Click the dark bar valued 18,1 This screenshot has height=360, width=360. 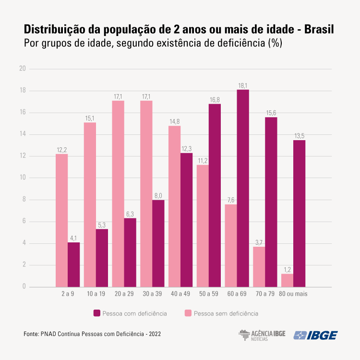(x=243, y=188)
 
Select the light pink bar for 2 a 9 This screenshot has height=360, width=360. (x=61, y=220)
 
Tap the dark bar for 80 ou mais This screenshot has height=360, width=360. (x=299, y=214)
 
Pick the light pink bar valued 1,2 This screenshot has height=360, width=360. (x=287, y=280)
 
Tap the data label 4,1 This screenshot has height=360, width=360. (x=73, y=238)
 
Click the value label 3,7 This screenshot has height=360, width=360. (x=259, y=242)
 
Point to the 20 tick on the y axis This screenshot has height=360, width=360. (x=22, y=69)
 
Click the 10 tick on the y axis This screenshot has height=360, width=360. (x=22, y=178)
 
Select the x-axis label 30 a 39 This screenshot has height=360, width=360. (x=152, y=293)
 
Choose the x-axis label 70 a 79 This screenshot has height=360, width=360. (x=265, y=293)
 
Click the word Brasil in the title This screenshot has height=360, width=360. (x=320, y=29)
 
